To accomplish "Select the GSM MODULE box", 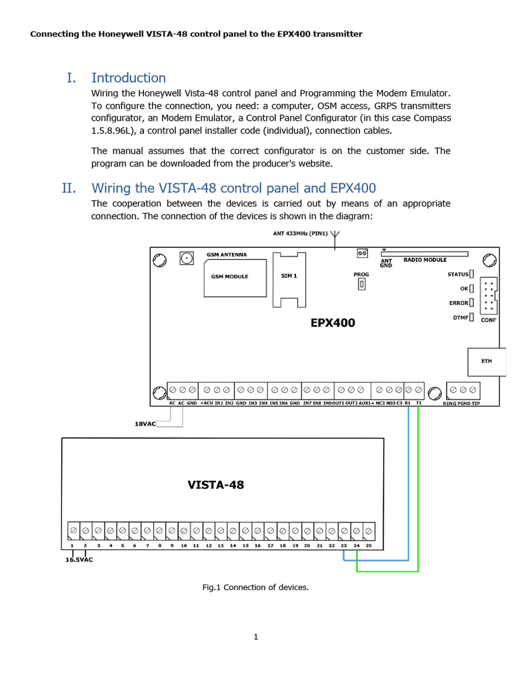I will click(x=229, y=277).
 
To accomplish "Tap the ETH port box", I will click(x=487, y=361).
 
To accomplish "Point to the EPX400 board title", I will click(x=333, y=323).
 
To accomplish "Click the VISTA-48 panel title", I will click(x=215, y=485).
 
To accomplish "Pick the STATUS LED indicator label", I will click(x=458, y=274).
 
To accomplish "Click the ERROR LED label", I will click(x=459, y=303).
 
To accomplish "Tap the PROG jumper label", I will click(x=361, y=274).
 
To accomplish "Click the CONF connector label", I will click(x=489, y=320).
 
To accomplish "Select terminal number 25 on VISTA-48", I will click(x=369, y=546).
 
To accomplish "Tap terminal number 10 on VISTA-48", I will click(x=183, y=546).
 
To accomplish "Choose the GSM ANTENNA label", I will click(x=227, y=254).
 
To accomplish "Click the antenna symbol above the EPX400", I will click(x=335, y=235).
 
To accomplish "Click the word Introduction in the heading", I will click(x=129, y=78).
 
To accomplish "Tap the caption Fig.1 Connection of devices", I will click(x=255, y=587).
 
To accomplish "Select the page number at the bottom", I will click(x=255, y=637).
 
